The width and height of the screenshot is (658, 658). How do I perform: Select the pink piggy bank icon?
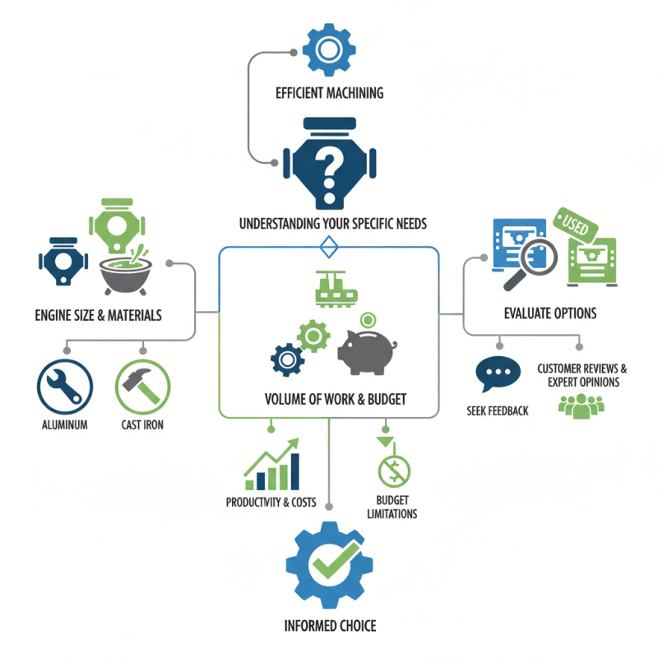tap(368, 345)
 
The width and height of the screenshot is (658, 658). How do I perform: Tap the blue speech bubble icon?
tap(498, 376)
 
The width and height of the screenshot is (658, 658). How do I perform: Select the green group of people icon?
tap(581, 405)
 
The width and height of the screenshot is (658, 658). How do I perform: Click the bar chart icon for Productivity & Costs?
tap(272, 467)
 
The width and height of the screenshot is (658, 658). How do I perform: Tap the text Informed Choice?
tap(329, 626)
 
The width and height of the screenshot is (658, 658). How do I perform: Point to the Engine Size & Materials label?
tap(99, 315)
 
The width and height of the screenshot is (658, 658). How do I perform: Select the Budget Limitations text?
tap(393, 507)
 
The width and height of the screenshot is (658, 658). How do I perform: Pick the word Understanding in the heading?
tap(277, 223)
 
